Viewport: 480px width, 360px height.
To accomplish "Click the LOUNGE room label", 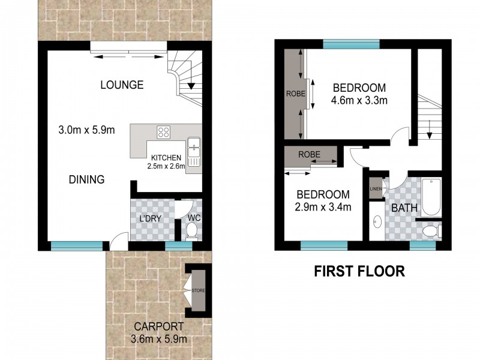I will pos(122,85).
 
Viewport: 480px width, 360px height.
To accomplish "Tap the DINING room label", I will pos(86,179).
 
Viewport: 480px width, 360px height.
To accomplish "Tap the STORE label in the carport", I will pos(198,291).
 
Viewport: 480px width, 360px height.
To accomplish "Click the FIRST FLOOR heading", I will pos(359,271).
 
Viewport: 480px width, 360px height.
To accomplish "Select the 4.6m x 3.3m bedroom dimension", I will pos(359,100).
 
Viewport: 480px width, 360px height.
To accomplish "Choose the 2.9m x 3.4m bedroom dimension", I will pos(323,208).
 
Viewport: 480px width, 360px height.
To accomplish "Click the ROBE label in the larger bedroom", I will pos(295,94).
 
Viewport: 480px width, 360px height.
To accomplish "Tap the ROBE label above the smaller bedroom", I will pos(310,154).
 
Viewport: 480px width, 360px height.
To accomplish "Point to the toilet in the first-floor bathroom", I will pos(431,230).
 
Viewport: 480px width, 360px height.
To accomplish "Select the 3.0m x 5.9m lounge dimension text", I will pos(86,130).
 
